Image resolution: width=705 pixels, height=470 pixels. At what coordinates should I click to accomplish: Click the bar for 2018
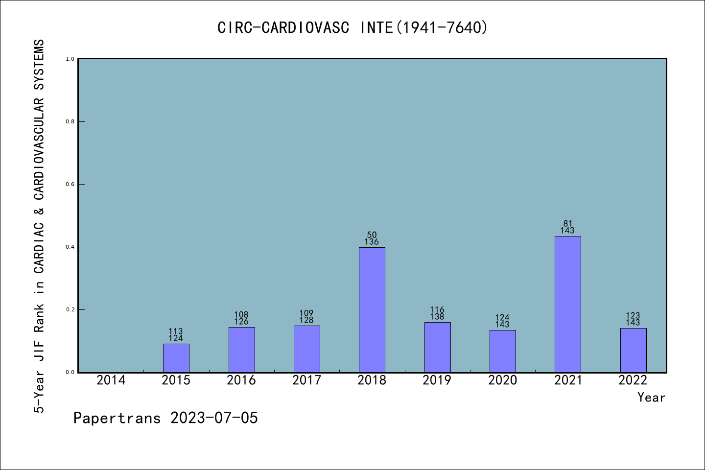coord(372,309)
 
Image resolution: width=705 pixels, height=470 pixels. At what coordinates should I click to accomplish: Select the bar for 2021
coord(567,304)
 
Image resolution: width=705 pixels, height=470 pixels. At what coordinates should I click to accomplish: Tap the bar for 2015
coord(176,358)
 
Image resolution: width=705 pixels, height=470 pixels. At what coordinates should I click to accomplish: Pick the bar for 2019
coord(437,347)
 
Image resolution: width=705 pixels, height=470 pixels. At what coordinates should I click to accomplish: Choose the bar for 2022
coord(633,350)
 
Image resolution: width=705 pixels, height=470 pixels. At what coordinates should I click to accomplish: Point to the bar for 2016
coord(241,350)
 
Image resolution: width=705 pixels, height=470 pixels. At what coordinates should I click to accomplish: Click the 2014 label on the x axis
coord(111,380)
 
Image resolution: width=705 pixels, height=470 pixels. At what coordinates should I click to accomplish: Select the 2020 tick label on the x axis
coord(502,380)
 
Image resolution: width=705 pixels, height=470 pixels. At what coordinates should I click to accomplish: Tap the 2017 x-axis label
coord(306,380)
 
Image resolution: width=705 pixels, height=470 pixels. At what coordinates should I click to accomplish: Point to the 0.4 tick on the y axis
coord(70,247)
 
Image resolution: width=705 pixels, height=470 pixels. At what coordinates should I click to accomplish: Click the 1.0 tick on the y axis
coord(70,59)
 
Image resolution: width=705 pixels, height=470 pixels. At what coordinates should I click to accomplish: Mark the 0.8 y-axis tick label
coord(70,122)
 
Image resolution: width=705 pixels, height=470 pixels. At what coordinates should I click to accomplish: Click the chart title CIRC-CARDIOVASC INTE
coord(352,27)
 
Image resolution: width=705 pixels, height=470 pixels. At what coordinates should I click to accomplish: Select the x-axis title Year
coord(651,398)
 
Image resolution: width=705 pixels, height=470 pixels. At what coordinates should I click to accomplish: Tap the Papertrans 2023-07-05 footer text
coord(165,418)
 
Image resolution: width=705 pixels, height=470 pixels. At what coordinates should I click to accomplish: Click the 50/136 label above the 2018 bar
coord(372,238)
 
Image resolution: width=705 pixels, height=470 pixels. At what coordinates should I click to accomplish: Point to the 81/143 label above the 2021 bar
coord(567,227)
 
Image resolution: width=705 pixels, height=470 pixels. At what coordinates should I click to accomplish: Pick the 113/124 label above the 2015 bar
coord(176,335)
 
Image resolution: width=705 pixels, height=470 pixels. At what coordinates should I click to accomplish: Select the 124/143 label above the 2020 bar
coord(502,321)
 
